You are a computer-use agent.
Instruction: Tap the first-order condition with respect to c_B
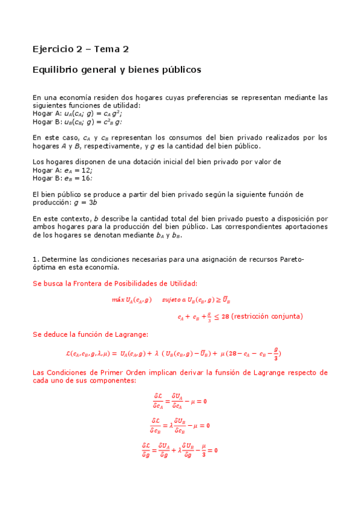180,425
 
